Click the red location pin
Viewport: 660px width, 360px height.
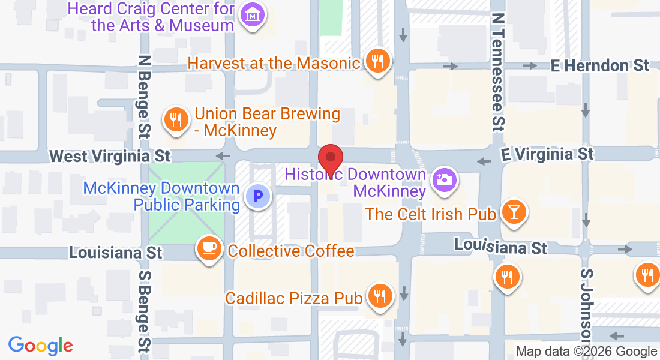coord(330,159)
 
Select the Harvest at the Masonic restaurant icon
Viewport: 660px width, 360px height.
coord(378,61)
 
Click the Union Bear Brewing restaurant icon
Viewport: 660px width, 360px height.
coord(175,120)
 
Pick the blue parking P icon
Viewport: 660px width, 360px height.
coord(259,196)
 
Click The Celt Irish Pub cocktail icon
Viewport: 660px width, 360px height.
coord(514,212)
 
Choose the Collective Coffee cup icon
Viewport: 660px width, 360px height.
coord(209,248)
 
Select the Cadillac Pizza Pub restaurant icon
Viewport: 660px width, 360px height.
coord(379,296)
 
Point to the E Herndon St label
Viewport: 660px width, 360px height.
coord(600,65)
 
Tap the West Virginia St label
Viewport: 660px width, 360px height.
coord(110,156)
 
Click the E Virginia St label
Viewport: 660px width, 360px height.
coord(547,154)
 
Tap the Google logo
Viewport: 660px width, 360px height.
coord(41,346)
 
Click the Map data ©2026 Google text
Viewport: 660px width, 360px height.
coord(586,352)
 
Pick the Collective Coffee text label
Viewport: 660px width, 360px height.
coord(291,251)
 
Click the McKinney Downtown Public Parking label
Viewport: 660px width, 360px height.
coord(161,196)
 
